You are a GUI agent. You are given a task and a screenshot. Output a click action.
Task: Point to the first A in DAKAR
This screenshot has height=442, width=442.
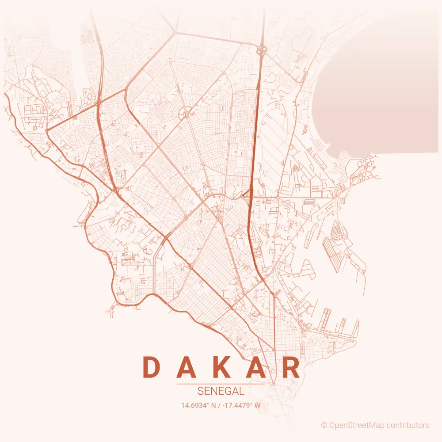pos(187,368)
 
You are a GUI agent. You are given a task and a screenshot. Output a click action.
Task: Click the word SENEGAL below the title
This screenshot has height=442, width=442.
pos(221,391)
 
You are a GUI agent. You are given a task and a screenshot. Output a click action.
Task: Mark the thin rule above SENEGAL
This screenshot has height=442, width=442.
pos(221,384)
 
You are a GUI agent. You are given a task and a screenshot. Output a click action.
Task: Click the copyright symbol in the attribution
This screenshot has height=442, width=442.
pos(324,425)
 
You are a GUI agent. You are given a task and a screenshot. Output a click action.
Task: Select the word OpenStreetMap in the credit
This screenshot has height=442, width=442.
pos(356,425)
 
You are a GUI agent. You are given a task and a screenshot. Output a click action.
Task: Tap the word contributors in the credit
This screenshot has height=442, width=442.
pos(408,425)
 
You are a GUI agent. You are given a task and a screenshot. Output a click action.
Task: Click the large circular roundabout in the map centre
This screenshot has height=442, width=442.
pos(187,115)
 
